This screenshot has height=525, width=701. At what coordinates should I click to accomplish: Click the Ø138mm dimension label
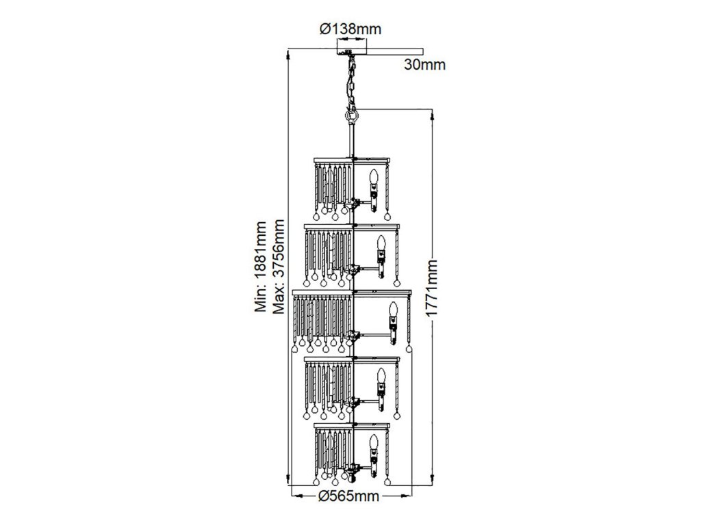tap(350, 29)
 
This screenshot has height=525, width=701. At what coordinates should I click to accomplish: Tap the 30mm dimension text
tap(424, 65)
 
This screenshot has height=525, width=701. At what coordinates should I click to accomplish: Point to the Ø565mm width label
tap(349, 496)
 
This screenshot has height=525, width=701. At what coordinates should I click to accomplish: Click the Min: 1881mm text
tap(260, 267)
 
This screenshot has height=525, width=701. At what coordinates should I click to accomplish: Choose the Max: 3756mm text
tap(279, 267)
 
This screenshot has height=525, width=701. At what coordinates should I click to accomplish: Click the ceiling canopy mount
tap(350, 49)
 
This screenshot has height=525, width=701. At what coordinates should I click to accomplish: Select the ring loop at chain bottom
tap(352, 117)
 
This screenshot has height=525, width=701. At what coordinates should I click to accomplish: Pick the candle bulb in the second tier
tap(381, 243)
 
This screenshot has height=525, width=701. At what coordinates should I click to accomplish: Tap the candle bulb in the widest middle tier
tap(394, 312)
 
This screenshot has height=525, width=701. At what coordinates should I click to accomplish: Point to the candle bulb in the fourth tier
tap(381, 378)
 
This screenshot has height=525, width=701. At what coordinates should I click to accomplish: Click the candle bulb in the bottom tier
tap(374, 443)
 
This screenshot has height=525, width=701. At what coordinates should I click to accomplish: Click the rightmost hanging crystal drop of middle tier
tap(409, 349)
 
